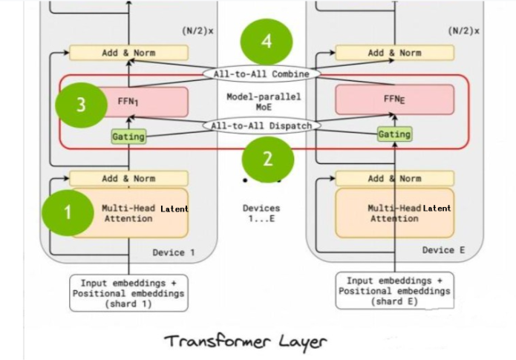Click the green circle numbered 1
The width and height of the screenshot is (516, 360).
[68, 212]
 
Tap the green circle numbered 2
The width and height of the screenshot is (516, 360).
[268, 157]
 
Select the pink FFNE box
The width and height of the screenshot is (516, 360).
[394, 99]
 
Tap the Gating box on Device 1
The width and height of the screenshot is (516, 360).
[128, 137]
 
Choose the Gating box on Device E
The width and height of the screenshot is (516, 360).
[394, 134]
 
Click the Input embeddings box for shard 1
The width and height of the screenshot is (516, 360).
[129, 292]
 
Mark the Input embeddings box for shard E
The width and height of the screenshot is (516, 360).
[394, 290]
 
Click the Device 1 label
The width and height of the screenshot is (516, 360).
[173, 252]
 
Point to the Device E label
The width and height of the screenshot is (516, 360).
[443, 250]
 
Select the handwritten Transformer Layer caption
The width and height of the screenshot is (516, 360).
[246, 341]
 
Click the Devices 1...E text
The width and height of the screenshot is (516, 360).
[261, 213]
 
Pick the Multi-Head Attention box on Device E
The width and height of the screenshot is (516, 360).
[394, 213]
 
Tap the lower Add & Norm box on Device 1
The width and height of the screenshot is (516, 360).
[128, 178]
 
